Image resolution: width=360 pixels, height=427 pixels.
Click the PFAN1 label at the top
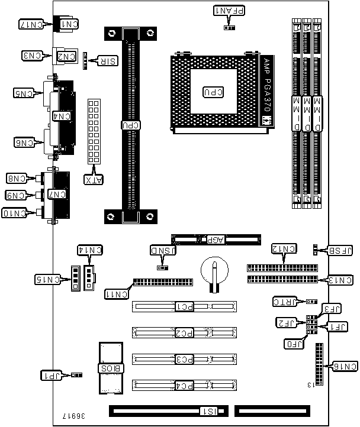tap(225, 10)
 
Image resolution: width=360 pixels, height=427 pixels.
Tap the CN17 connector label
tap(30, 24)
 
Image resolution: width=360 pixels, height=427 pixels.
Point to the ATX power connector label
tap(94, 179)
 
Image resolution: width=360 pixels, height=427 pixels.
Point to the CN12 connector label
tap(284, 248)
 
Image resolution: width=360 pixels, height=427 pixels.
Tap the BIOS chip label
tap(110, 368)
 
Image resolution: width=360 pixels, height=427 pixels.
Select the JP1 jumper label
tap(51, 375)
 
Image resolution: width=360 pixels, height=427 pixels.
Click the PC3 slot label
tap(184, 358)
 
